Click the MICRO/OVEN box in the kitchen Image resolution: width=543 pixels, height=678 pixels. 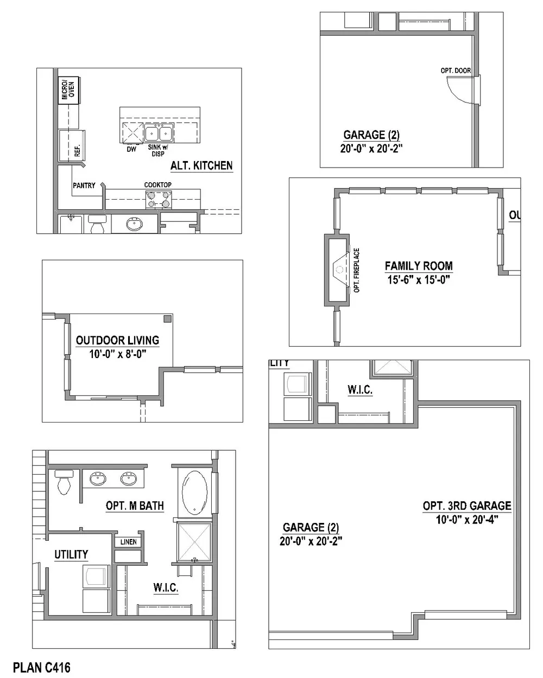coord(68,90)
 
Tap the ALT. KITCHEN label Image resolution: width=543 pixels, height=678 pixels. coord(201,166)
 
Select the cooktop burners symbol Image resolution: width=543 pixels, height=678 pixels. coord(159,200)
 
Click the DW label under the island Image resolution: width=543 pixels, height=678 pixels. coord(131,149)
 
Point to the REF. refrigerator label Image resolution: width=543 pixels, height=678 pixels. coord(77,151)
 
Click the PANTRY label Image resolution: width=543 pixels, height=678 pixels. coord(84,186)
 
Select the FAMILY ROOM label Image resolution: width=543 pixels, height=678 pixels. coord(419,266)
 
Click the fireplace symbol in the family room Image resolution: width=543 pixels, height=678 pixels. coord(339,270)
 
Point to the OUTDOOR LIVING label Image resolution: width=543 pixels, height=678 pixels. coord(117,340)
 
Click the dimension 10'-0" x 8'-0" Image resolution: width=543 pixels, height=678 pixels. coord(118,354)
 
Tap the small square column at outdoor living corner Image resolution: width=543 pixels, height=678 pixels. coord(168,319)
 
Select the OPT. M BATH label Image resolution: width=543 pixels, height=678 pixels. coord(135,506)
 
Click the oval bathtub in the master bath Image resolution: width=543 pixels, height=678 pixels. coord(195,493)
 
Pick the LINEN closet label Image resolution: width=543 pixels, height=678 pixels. coord(128,542)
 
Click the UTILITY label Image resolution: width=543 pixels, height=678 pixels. coord(71,554)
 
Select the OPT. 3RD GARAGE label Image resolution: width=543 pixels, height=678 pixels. coord(467,506)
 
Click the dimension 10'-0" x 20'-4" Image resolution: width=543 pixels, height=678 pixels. coord(467,520)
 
